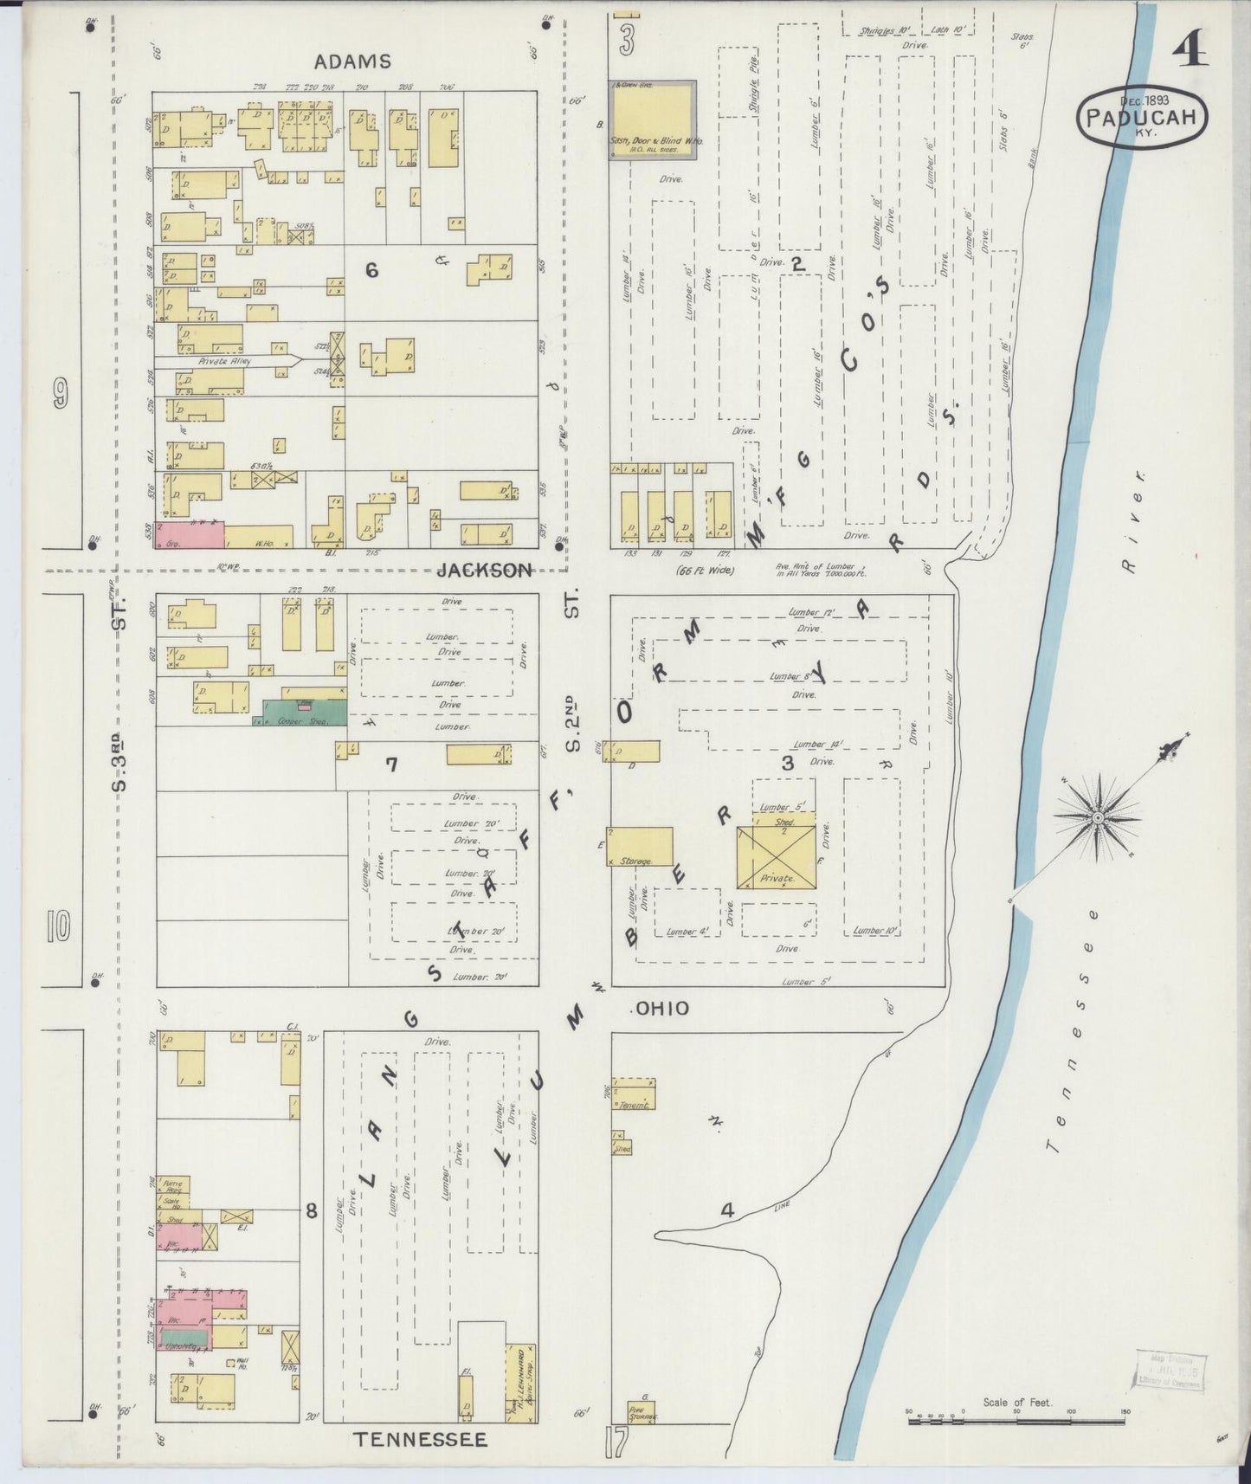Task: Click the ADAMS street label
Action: pyautogui.click(x=351, y=61)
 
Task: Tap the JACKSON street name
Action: pyautogui.click(x=484, y=570)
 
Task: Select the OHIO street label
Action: pyautogui.click(x=662, y=1008)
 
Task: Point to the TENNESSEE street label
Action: pyautogui.click(x=421, y=1439)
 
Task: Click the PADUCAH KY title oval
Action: pyautogui.click(x=1143, y=117)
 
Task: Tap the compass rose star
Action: pyautogui.click(x=1097, y=817)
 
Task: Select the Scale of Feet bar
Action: pyautogui.click(x=1017, y=1422)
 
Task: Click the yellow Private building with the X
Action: pyautogui.click(x=776, y=856)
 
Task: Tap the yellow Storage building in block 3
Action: pyautogui.click(x=641, y=846)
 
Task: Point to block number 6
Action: pyautogui.click(x=371, y=271)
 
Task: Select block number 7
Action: pyautogui.click(x=391, y=765)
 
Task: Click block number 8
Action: pyautogui.click(x=311, y=1211)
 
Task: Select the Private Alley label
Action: pyautogui.click(x=224, y=361)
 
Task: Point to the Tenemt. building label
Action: pyautogui.click(x=634, y=1106)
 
